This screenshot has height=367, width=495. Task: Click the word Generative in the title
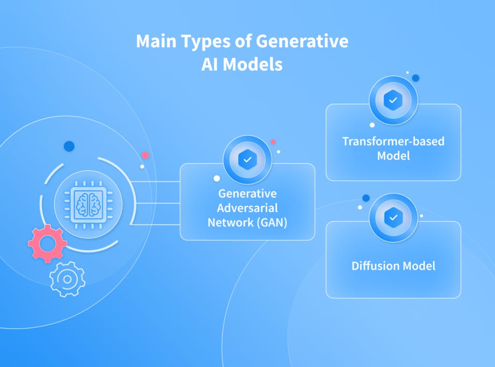(302, 42)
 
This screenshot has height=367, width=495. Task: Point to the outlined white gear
(67, 279)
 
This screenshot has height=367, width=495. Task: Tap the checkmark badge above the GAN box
(247, 160)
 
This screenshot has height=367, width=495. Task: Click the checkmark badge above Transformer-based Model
(393, 100)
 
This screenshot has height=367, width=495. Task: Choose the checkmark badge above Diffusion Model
(393, 218)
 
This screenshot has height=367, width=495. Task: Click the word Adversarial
(247, 208)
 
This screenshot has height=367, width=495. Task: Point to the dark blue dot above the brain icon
(69, 146)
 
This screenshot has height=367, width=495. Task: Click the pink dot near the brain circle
(145, 155)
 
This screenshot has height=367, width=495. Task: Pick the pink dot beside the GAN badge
(273, 142)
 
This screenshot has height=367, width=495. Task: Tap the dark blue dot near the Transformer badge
(415, 78)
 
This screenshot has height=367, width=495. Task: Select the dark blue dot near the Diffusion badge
(366, 198)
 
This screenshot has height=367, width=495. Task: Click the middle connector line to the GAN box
(155, 203)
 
